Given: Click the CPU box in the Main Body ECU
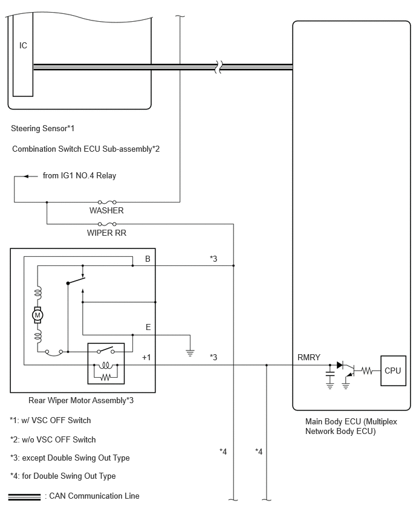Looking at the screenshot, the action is click(x=393, y=371).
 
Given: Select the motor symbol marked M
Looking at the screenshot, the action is click(x=37, y=316).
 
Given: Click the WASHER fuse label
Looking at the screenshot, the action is click(x=106, y=210).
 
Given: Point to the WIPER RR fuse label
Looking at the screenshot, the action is click(x=106, y=233).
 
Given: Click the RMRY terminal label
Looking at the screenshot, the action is click(x=308, y=357).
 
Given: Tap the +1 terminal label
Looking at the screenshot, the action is click(x=146, y=357).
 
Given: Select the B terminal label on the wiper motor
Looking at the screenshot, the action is click(x=148, y=259).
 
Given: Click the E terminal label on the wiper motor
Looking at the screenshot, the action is click(x=148, y=327).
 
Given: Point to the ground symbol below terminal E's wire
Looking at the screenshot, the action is click(x=190, y=353).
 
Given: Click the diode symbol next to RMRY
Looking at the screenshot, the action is click(x=340, y=365).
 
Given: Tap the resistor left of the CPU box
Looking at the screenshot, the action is click(x=366, y=371).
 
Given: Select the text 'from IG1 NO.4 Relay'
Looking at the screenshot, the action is click(x=80, y=176).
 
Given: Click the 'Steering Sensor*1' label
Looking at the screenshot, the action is click(x=43, y=128).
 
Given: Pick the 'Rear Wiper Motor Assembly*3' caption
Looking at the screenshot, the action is click(x=81, y=400).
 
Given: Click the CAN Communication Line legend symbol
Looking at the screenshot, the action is click(x=24, y=497).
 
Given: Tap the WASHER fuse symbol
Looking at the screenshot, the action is click(x=107, y=202).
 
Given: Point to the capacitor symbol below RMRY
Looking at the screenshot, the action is click(x=330, y=373).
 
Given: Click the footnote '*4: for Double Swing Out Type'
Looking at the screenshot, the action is click(x=63, y=476).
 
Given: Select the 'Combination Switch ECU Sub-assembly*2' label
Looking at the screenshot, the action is click(x=86, y=149).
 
